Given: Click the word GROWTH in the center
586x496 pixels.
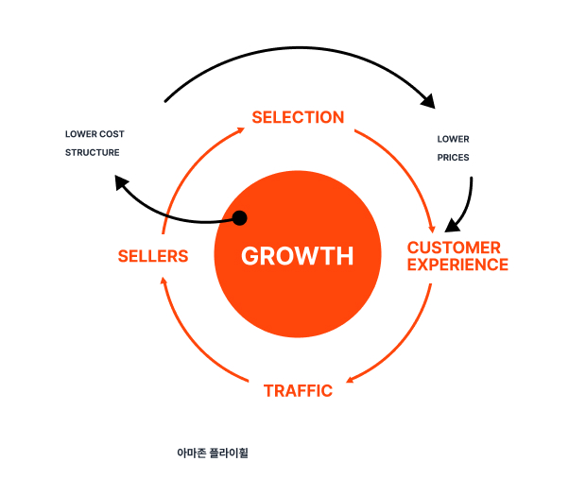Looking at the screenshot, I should (297, 256).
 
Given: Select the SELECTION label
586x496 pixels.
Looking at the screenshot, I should (298, 117).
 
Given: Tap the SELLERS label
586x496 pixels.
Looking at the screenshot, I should (153, 256).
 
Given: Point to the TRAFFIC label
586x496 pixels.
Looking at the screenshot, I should (298, 390).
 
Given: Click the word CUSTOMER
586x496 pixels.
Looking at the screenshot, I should (454, 248).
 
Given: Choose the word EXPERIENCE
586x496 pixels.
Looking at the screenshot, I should (458, 265).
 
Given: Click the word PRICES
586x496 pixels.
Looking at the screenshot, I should (453, 157).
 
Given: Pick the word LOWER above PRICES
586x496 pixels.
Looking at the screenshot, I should (453, 139).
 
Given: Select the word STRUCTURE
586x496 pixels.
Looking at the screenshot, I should (93, 152).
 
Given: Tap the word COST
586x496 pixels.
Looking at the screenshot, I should (112, 134).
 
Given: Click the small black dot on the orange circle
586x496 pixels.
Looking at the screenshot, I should (239, 218).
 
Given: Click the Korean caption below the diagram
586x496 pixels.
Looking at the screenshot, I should (212, 453).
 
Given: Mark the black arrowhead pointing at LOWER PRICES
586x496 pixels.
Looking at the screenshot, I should (428, 100).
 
